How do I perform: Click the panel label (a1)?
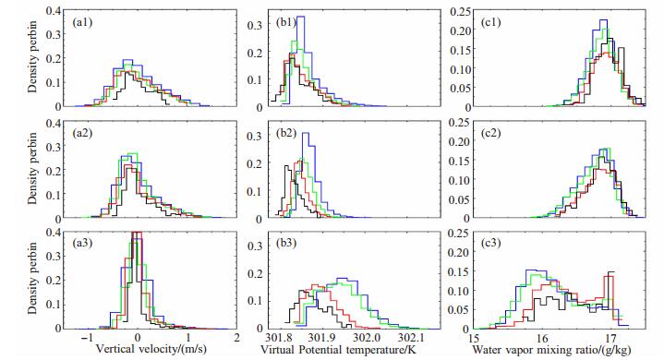click(82, 22)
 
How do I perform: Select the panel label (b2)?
click(286, 133)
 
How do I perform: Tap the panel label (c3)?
click(490, 244)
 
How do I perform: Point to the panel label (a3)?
click(82, 244)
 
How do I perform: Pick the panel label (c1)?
click(490, 22)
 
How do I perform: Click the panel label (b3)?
click(286, 244)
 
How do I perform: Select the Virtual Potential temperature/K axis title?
click(339, 350)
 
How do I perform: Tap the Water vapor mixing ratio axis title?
click(551, 350)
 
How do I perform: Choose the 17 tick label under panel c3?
click(610, 339)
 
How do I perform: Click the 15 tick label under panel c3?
click(474, 339)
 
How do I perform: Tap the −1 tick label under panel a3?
click(87, 339)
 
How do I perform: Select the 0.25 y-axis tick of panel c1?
click(460, 12)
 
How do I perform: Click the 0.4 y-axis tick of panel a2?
click(53, 123)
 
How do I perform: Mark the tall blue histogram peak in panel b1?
click(300, 17)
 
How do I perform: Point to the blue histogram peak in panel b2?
click(306, 133)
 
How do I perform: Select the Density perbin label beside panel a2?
click(32, 168)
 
